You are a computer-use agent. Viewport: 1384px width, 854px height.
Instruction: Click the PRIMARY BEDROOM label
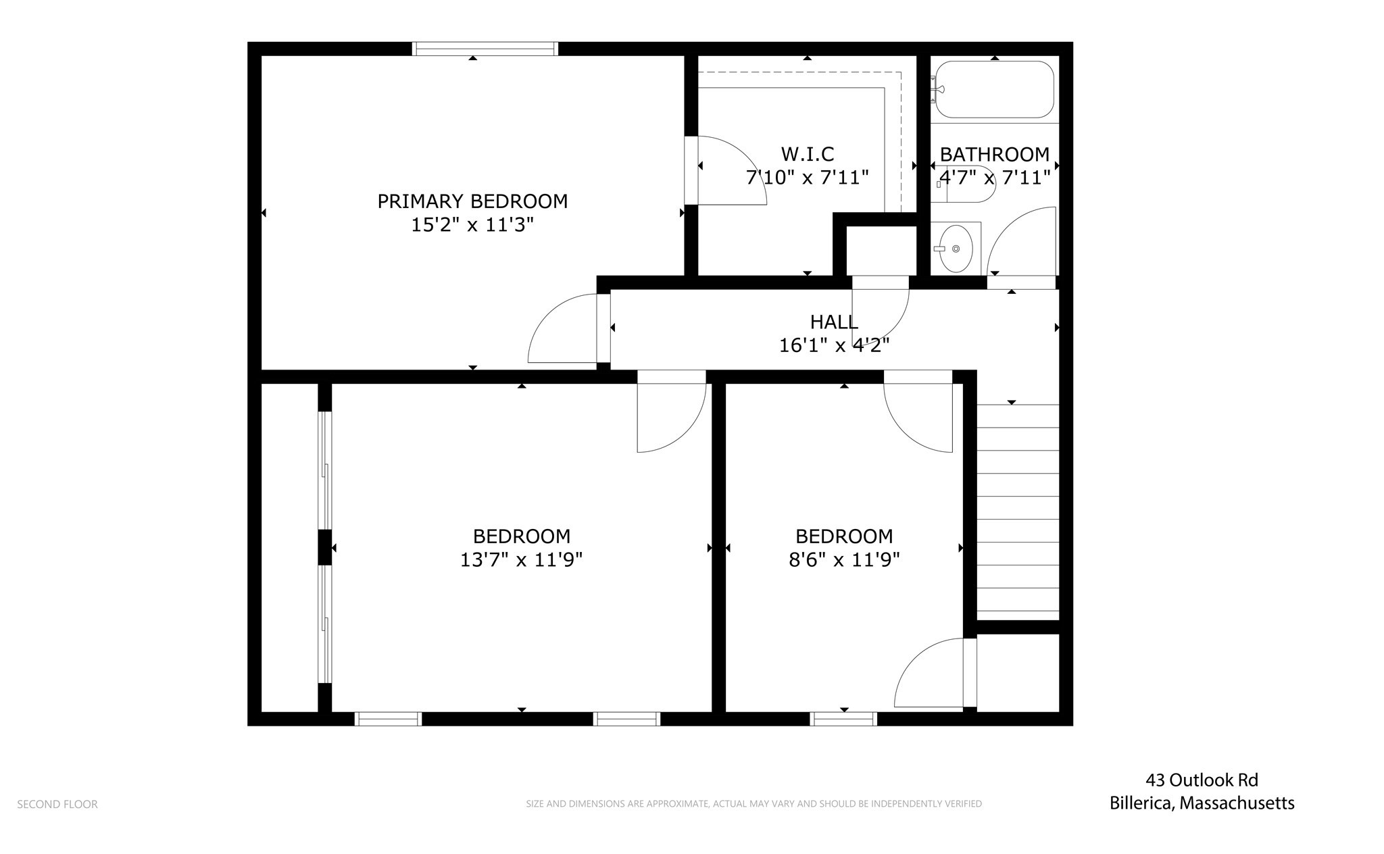click(472, 201)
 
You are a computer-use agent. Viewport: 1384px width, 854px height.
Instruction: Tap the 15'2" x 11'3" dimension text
click(472, 225)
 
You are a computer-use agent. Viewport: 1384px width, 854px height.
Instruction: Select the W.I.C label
click(807, 154)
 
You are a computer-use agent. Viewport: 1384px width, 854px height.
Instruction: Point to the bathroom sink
click(956, 249)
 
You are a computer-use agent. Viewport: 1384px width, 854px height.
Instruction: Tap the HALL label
click(834, 322)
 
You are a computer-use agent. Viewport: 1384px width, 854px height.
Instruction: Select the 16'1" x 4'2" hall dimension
click(834, 346)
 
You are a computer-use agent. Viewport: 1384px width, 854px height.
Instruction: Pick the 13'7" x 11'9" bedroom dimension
click(521, 560)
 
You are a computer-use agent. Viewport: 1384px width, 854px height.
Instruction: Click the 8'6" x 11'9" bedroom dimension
click(844, 560)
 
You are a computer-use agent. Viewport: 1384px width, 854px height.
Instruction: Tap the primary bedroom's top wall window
click(485, 49)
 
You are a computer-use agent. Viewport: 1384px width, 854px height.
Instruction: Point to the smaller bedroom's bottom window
click(843, 719)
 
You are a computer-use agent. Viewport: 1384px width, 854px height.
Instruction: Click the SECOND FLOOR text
click(57, 804)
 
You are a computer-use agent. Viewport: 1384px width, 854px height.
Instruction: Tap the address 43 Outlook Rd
click(1202, 780)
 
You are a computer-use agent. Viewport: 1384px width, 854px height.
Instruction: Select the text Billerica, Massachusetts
click(1202, 803)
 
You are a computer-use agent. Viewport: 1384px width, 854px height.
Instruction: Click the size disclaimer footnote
click(753, 804)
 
